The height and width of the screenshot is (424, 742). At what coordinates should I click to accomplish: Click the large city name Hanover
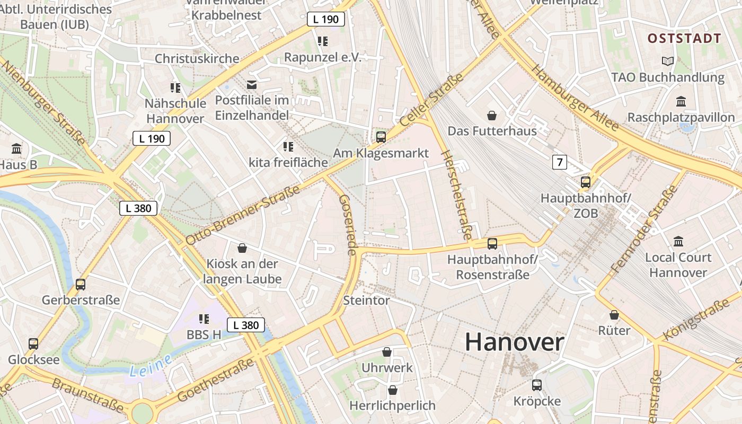tap(514, 342)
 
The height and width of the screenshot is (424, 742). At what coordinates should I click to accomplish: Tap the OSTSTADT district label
tap(684, 38)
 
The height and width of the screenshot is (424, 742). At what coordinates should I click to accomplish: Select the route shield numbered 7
tap(559, 162)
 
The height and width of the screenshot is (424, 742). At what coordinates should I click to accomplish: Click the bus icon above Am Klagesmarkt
tap(381, 137)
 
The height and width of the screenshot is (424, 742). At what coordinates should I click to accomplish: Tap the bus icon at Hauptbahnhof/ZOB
tap(585, 182)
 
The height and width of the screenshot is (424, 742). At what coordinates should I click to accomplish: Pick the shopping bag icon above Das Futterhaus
tap(492, 115)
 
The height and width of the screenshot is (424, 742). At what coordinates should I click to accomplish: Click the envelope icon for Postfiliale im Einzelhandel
tap(251, 84)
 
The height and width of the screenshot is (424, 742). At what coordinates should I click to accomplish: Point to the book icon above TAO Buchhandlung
tap(667, 61)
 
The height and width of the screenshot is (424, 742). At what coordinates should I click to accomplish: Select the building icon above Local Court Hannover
tap(678, 242)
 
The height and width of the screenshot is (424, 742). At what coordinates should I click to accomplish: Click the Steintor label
tap(366, 301)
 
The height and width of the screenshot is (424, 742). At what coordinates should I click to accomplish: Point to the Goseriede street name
tap(347, 225)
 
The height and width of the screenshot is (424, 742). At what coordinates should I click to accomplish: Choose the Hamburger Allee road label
tap(575, 98)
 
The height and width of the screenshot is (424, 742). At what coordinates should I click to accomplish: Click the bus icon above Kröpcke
tap(536, 385)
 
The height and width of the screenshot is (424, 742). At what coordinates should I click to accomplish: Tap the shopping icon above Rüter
tap(614, 315)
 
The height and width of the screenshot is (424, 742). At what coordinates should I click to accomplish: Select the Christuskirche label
tap(197, 58)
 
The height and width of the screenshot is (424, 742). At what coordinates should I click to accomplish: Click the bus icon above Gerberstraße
tap(81, 284)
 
